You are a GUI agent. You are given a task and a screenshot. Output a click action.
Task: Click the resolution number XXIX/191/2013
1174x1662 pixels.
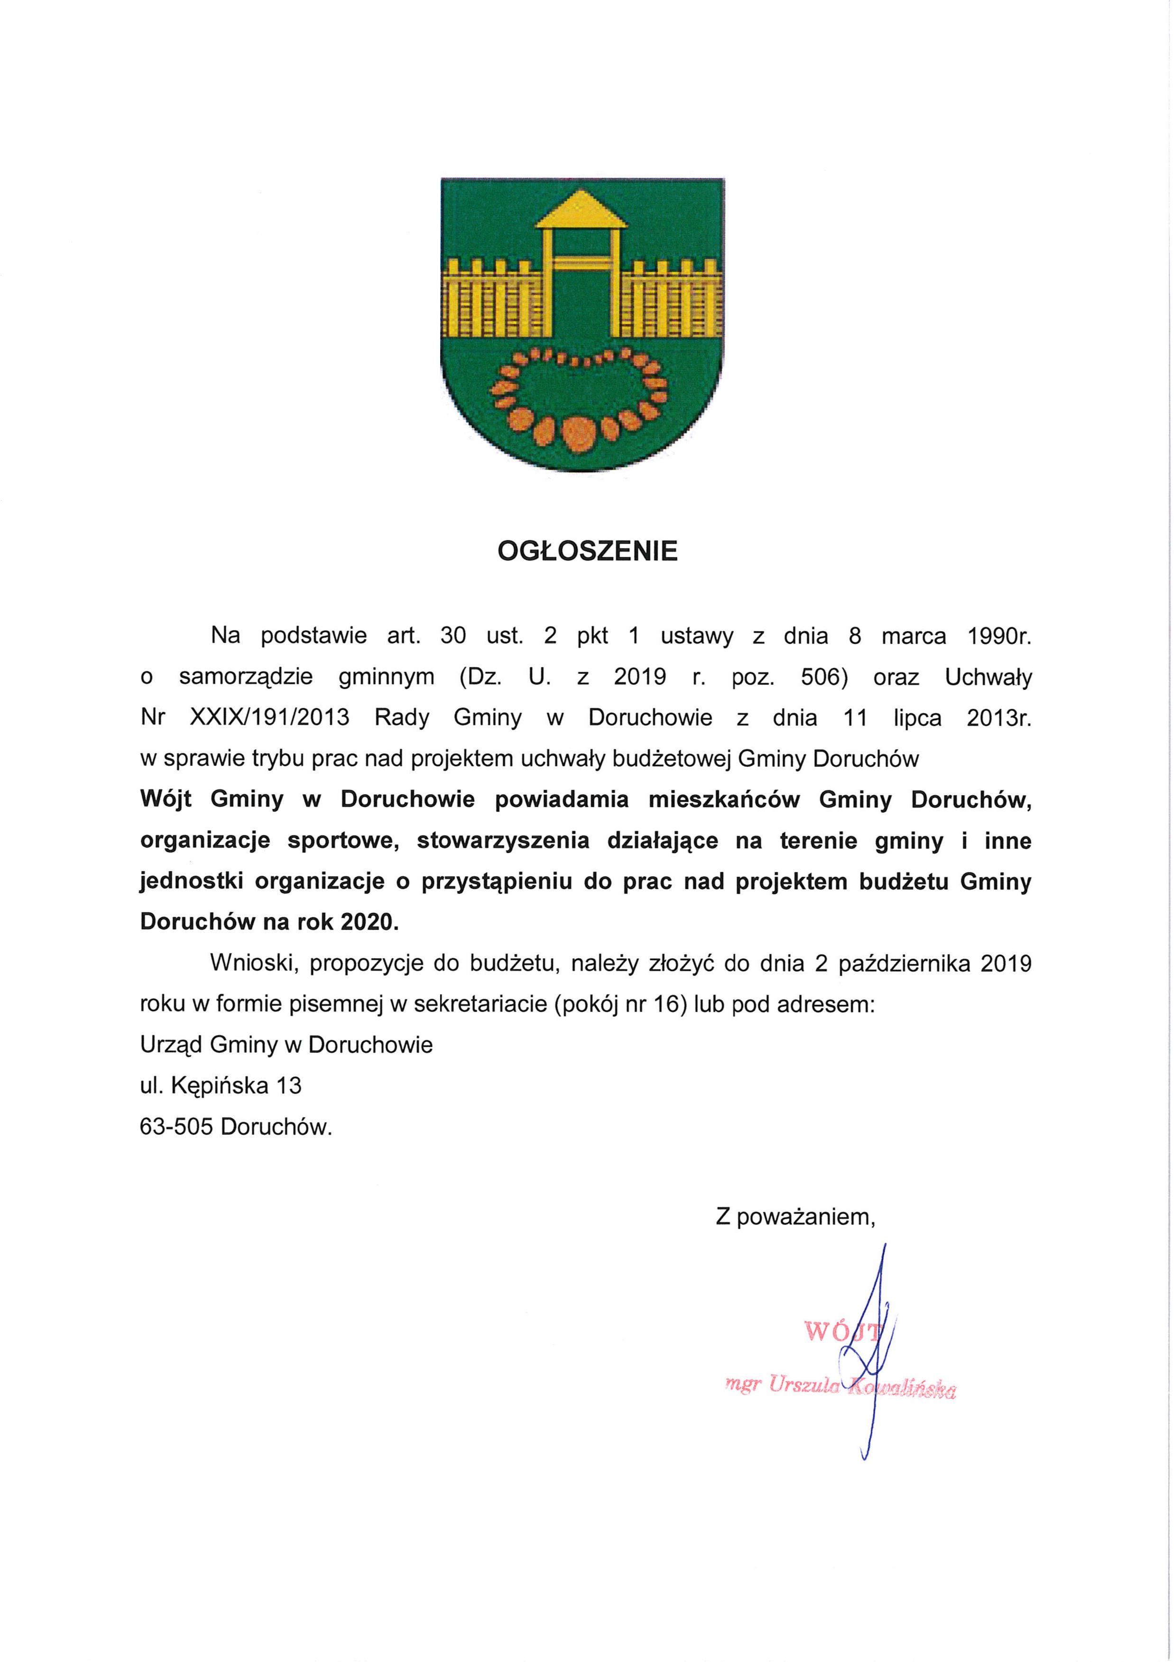(x=269, y=718)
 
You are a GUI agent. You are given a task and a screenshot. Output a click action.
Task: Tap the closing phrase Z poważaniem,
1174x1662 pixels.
(x=795, y=1218)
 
